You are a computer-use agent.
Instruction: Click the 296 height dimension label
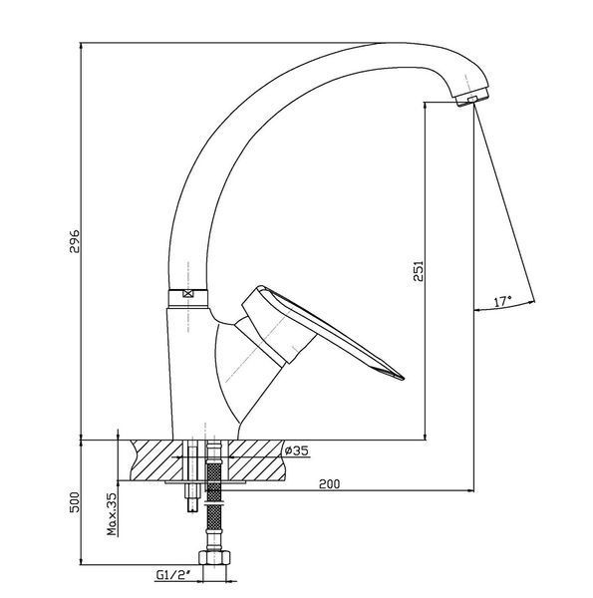coord(75,240)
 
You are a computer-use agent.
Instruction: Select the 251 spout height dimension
coord(419,271)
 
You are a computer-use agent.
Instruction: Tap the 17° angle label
coord(503,301)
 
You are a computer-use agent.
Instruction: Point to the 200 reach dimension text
coord(329,484)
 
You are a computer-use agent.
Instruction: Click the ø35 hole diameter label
coord(296,450)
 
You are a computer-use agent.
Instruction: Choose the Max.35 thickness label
coord(112,514)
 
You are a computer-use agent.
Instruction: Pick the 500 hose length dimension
coord(75,502)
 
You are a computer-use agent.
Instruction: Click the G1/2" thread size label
coord(173,575)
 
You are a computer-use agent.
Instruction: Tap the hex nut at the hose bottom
coord(214,557)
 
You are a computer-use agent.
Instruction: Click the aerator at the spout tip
coord(472,99)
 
